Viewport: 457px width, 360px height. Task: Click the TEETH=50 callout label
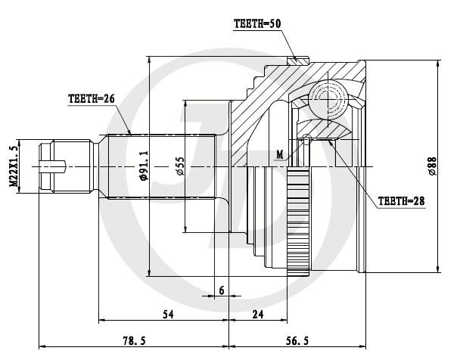[257, 24]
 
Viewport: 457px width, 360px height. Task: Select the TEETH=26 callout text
[92, 99]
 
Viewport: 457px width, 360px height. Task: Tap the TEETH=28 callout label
[401, 201]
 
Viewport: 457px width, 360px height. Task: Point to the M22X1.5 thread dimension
[14, 166]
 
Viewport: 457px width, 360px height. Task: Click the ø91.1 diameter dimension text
[144, 166]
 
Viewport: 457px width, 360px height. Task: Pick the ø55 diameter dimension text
[180, 166]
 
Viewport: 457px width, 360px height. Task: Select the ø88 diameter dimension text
[432, 166]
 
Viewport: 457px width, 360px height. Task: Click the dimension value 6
[222, 290]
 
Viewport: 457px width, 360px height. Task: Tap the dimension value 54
[168, 315]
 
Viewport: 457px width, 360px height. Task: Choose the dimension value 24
[258, 315]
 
